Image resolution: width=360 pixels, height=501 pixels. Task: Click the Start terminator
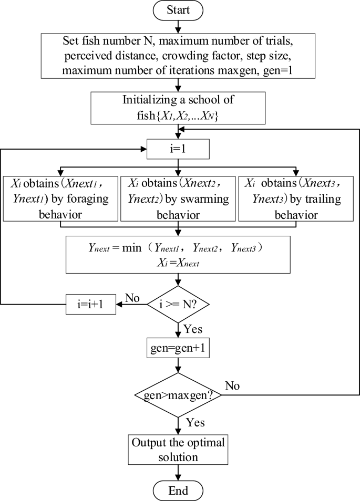[x=178, y=10]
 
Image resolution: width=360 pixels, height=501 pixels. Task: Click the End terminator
[x=178, y=491]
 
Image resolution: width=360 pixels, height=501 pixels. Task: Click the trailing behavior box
[x=296, y=199]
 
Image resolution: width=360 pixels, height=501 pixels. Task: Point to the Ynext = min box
[x=178, y=254]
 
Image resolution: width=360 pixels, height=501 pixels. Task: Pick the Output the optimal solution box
[x=178, y=450]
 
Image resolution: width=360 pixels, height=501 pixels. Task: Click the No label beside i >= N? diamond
[x=133, y=297]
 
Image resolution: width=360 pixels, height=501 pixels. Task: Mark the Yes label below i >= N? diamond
[x=192, y=330]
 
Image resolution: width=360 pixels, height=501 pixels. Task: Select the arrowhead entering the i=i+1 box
[x=119, y=304]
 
